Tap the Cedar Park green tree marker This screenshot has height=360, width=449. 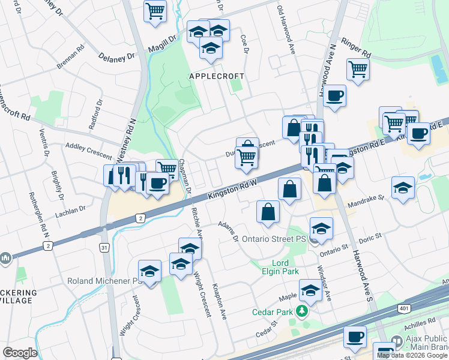coord(304,311)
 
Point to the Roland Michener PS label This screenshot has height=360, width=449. coord(103,281)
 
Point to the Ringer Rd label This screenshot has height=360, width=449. coord(357,49)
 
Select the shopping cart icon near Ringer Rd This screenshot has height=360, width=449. coord(358,69)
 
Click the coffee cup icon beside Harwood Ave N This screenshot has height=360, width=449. coord(334,95)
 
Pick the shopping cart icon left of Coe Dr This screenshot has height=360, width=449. coord(155,10)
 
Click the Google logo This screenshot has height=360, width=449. coord(20,353)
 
